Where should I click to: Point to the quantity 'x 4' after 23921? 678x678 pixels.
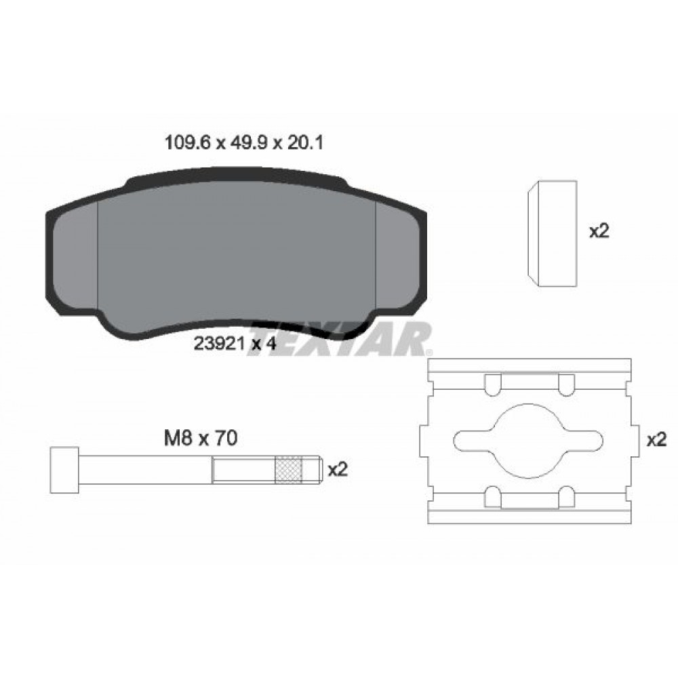264,343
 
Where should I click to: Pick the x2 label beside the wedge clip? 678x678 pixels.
599,231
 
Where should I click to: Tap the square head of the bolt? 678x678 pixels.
66,469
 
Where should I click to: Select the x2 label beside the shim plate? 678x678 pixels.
656,440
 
